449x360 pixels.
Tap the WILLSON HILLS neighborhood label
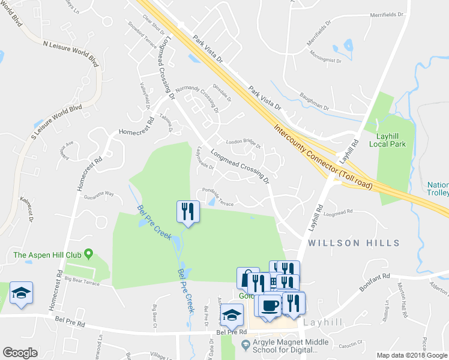354,243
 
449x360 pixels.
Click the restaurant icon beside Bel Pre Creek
187,211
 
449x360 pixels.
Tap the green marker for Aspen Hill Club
89,254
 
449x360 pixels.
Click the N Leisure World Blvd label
70,49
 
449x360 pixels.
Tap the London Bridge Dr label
243,143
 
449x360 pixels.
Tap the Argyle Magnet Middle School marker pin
244,344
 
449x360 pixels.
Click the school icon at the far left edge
21,293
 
